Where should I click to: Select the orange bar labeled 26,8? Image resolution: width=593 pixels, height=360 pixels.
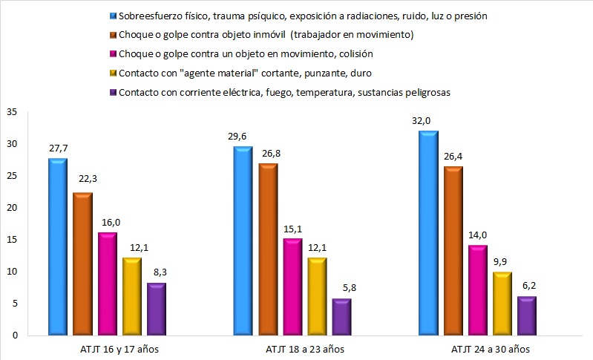tap(269, 249)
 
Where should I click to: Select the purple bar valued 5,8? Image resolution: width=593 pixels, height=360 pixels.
tap(341, 316)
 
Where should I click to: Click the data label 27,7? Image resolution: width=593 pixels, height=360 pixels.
tap(58, 148)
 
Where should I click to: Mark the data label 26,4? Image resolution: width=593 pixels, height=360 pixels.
tap(453, 157)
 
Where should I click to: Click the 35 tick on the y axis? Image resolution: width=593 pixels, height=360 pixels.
tap(11, 112)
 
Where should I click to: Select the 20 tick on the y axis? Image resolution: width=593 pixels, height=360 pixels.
tap(11, 208)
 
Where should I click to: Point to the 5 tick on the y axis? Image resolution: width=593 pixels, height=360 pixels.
tap(13, 304)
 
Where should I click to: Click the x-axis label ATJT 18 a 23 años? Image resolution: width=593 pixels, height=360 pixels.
tap(304, 349)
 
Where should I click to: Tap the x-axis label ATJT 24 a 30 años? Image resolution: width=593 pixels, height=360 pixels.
tap(489, 349)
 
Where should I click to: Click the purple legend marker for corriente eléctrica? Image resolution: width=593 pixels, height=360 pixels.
tap(112, 92)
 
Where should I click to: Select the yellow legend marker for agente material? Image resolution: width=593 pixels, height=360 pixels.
tap(112, 73)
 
